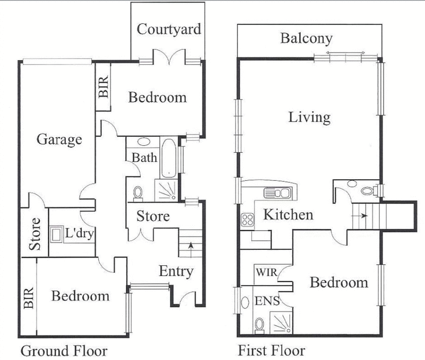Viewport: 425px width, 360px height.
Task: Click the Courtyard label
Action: point(169,29)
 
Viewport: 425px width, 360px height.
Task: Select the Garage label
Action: point(59,140)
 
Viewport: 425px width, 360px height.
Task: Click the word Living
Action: point(309,116)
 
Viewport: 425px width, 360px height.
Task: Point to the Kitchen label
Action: point(288,215)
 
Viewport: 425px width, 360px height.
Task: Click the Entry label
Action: point(175,272)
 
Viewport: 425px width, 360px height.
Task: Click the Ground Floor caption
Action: point(64,351)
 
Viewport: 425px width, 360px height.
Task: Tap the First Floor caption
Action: point(271,351)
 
